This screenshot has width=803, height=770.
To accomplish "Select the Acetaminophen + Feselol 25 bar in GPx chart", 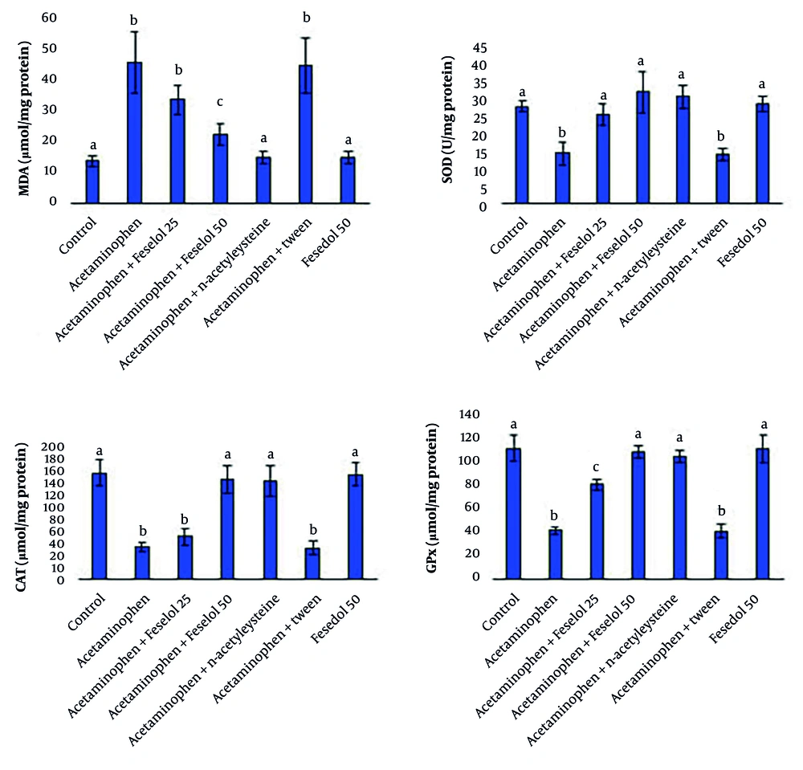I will tap(597, 531).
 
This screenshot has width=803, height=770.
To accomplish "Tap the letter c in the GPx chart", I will tap(597, 469).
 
